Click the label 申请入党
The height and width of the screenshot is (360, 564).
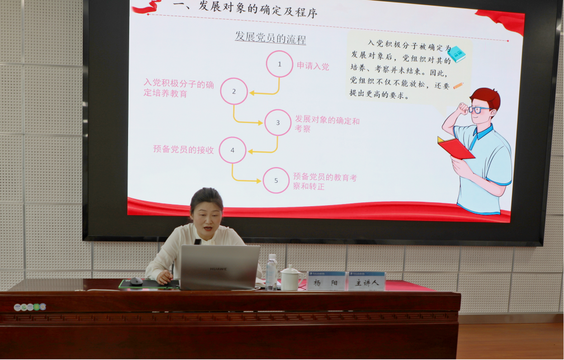312,66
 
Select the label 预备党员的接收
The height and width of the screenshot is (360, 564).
183,149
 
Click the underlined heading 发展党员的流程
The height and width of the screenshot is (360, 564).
271,37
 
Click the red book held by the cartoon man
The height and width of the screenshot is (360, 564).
456,148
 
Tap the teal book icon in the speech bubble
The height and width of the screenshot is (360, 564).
457,54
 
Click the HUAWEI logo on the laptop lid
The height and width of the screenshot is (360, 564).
219,269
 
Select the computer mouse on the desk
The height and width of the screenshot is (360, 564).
136,281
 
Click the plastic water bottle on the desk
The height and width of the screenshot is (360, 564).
271,272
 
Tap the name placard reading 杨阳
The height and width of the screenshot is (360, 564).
326,281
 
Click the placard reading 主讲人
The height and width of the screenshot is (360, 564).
367,281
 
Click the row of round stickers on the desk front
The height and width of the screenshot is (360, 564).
30,307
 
